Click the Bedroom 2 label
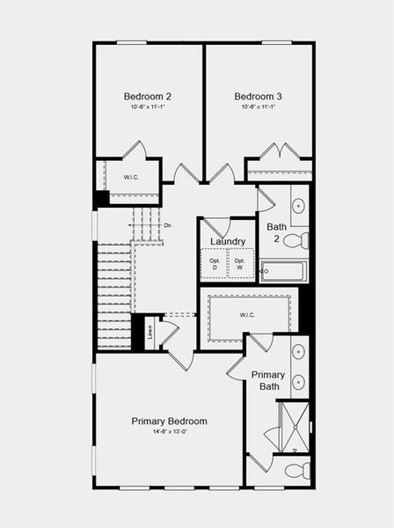coord(147,96)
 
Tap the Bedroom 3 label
coord(258,96)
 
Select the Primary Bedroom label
coord(170,421)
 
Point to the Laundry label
coord(228,241)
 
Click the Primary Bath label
coord(267,380)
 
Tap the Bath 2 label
coord(277,232)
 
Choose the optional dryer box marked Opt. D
coord(215,264)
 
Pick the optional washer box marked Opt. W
coord(239,264)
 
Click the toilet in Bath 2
coord(296,240)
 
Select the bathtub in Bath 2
coord(284,271)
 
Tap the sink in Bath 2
coord(298,207)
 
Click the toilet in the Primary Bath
coord(297,471)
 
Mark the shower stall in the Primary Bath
coord(293,426)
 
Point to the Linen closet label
coord(150,333)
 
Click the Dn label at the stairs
coord(167,225)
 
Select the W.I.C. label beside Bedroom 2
coord(131,177)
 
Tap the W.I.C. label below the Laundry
coord(247,313)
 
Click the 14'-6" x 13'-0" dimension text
coord(170,431)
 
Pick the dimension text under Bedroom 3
coord(258,106)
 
